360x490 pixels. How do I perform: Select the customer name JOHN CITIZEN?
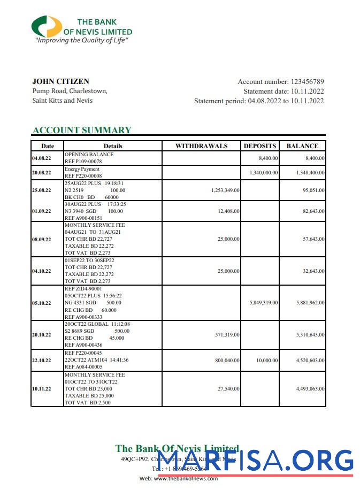pyautogui.click(x=60, y=82)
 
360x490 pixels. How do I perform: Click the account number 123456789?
pyautogui.click(x=307, y=82)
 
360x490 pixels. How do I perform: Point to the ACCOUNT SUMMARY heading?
pyautogui.click(x=82, y=130)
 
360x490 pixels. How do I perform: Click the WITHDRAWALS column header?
pyautogui.click(x=201, y=146)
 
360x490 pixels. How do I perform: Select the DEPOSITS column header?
pyautogui.click(x=260, y=146)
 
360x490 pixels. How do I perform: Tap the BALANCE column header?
pyautogui.click(x=302, y=146)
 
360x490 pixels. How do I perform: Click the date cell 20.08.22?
pyautogui.click(x=42, y=173)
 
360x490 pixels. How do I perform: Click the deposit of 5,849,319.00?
pyautogui.click(x=263, y=303)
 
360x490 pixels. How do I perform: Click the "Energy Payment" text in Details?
pyautogui.click(x=82, y=169)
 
